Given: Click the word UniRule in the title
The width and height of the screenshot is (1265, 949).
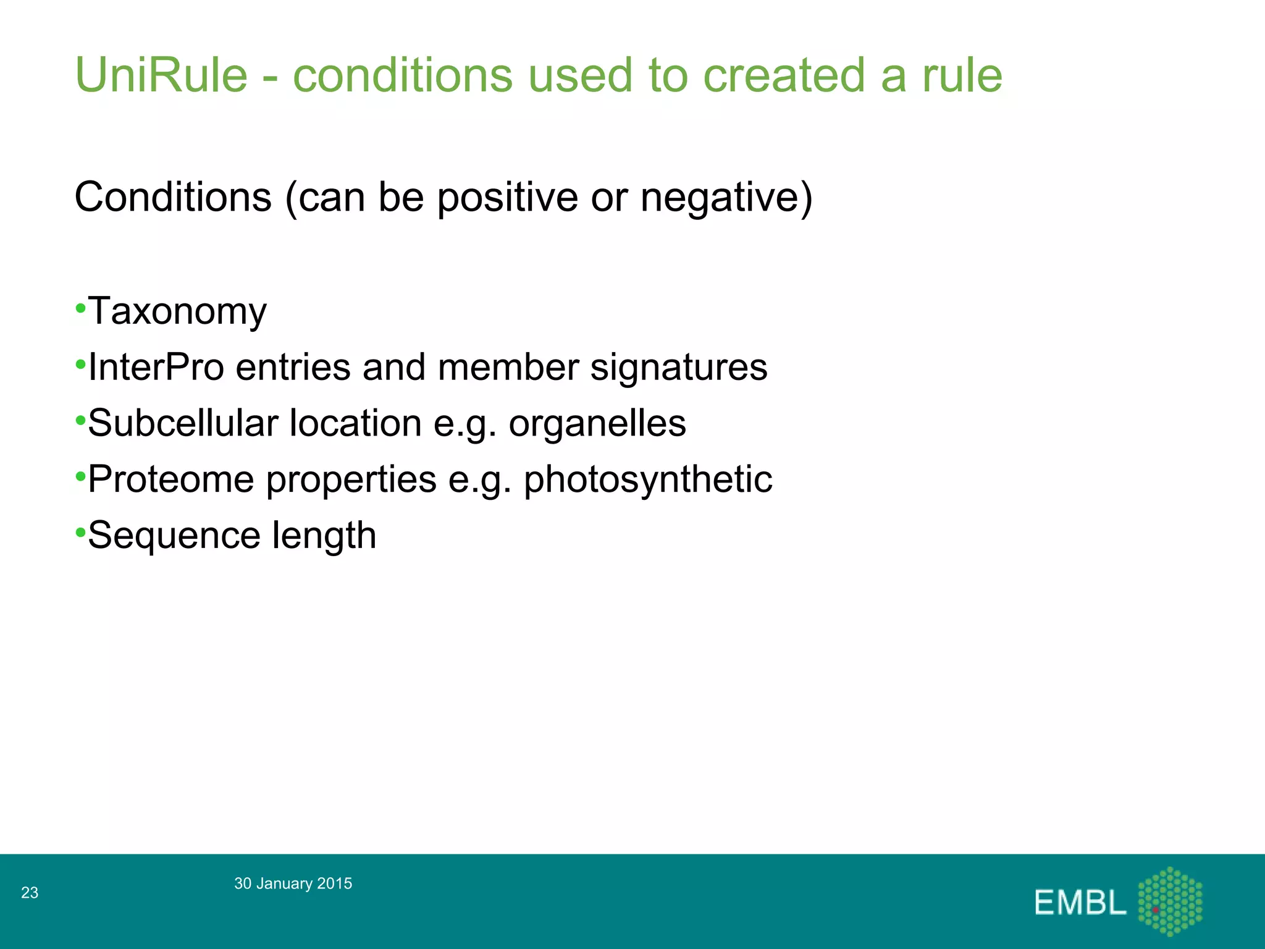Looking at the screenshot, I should (161, 75).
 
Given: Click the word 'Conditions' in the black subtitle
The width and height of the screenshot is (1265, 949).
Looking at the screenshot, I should (173, 197).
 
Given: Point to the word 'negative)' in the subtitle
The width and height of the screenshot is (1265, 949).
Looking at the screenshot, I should (726, 197).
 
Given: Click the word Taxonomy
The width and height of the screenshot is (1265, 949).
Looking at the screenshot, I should (177, 311).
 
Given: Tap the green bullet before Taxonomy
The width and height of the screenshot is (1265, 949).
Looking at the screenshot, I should (80, 307).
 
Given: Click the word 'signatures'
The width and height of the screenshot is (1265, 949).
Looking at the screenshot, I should (679, 367).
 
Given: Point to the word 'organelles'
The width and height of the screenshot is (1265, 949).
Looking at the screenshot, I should (597, 423).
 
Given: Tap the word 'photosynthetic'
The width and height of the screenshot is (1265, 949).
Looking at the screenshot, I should (648, 479).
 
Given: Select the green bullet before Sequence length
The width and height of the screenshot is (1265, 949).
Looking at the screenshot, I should (80, 532).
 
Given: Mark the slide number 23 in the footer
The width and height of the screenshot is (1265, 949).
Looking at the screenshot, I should (30, 892).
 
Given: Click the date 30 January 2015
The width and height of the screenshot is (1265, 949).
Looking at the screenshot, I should (293, 884).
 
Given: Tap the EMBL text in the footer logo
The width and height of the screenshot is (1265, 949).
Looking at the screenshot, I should (1080, 903).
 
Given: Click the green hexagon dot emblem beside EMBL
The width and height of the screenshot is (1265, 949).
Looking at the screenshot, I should (1170, 901).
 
